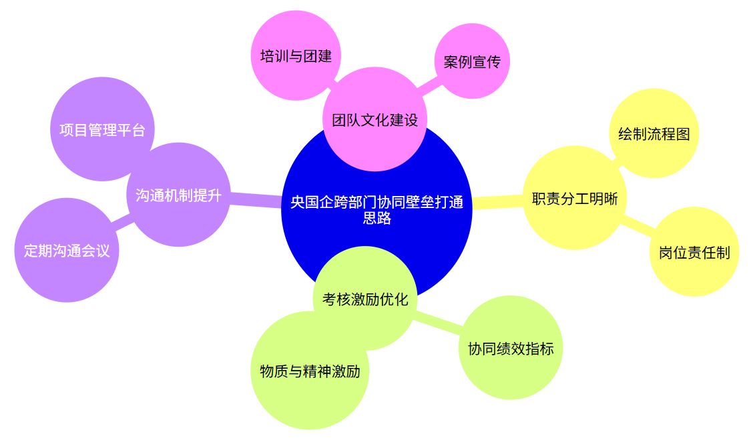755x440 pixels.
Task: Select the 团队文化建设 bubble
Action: click(374, 119)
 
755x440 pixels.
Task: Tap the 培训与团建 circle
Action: click(296, 56)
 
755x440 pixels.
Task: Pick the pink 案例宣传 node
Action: click(472, 61)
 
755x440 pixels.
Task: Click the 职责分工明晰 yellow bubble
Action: click(575, 197)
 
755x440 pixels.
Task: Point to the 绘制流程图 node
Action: click(654, 133)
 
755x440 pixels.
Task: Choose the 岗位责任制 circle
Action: click(694, 251)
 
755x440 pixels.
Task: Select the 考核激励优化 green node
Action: click(365, 298)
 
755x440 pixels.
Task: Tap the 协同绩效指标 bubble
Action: click(511, 348)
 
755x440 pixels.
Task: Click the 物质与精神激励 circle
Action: click(310, 370)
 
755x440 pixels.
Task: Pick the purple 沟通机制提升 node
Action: click(179, 195)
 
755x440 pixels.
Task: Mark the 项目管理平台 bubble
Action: click(103, 129)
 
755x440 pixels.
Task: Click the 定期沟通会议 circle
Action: click(67, 250)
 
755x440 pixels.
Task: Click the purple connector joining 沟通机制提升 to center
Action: click(256, 200)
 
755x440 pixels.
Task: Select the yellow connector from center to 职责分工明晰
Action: click(498, 202)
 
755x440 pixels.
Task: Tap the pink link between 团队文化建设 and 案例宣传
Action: click(429, 85)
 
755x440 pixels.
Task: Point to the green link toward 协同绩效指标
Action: click(438, 323)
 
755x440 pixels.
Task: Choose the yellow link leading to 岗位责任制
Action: click(638, 225)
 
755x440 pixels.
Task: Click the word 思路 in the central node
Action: click(377, 218)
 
